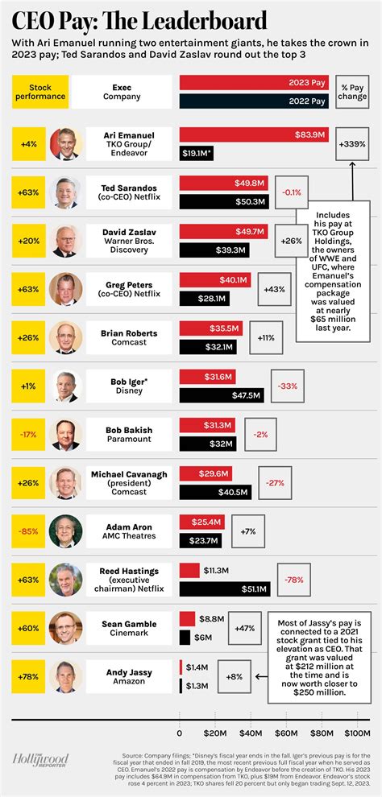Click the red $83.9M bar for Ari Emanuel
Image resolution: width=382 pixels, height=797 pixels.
[254, 134]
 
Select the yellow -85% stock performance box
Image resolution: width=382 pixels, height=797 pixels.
[28, 531]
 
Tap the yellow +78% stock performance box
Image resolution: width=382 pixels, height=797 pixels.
[28, 676]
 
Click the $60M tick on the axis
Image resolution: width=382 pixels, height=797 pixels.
[287, 733]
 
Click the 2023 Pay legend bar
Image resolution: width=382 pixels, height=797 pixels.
[254, 83]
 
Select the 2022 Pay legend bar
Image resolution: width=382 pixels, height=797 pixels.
[254, 101]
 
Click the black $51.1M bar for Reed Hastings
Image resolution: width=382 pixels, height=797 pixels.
[225, 589]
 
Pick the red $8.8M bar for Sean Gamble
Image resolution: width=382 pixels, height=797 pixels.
[187, 618]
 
